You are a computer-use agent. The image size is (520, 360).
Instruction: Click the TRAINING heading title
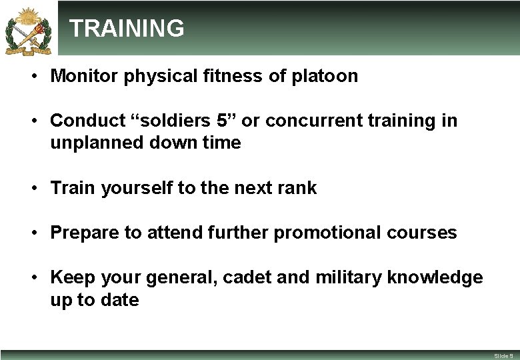(x=127, y=29)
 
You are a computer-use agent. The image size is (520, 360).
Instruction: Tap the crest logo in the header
(x=28, y=29)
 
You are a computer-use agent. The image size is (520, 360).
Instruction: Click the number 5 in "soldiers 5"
(x=223, y=121)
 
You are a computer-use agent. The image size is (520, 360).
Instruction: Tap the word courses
(x=424, y=233)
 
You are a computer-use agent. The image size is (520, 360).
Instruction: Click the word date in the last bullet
(x=119, y=300)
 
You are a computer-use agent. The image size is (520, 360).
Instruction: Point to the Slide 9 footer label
(x=503, y=356)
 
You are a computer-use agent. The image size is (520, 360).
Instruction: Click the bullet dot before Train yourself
(x=32, y=189)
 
